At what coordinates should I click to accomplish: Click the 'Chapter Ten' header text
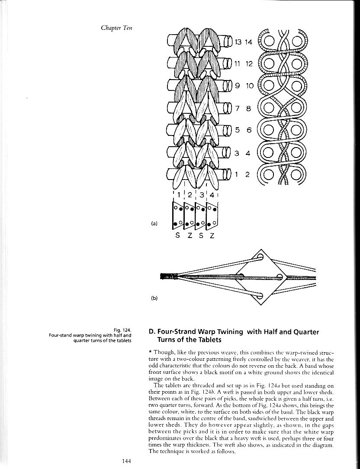116,28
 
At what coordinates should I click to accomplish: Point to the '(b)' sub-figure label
154,298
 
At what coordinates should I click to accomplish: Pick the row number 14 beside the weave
248,42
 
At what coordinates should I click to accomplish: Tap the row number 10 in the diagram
250,86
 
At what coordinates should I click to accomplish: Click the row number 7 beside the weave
237,109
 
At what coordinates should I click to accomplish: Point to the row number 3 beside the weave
237,153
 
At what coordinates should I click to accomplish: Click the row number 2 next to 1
247,174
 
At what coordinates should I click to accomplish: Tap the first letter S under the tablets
177,236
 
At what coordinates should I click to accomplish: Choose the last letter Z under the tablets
212,236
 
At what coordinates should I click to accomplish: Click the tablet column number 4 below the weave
212,195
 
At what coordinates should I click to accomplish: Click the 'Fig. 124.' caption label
122,330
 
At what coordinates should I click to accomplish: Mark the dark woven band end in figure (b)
167,275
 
